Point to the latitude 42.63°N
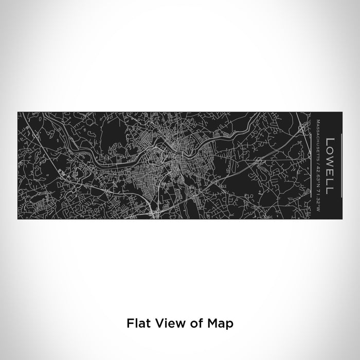point(319,171)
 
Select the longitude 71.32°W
point(319,189)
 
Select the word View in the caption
point(165,323)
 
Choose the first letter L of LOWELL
point(330,139)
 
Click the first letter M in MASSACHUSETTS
point(319,120)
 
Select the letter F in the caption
point(129,323)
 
